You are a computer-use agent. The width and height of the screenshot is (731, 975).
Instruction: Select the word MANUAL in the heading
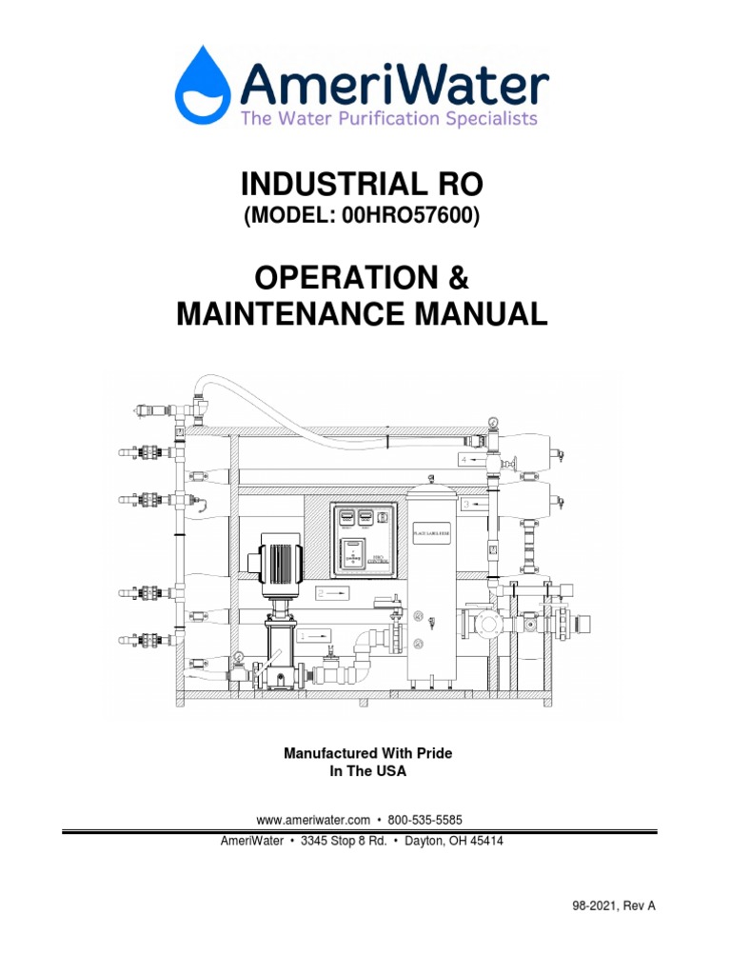[486, 313]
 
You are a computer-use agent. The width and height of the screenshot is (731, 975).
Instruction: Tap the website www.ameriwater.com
[313, 819]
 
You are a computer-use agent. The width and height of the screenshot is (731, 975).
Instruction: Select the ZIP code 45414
[484, 842]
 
